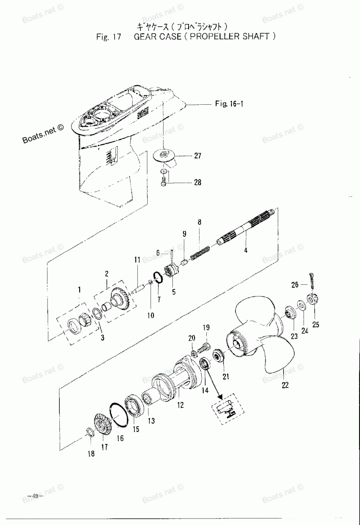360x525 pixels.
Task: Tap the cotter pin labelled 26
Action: pos(312,281)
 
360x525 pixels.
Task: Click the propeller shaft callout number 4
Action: pos(246,250)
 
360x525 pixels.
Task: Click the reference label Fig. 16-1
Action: pos(229,103)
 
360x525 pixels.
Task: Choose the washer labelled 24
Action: pos(301,305)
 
